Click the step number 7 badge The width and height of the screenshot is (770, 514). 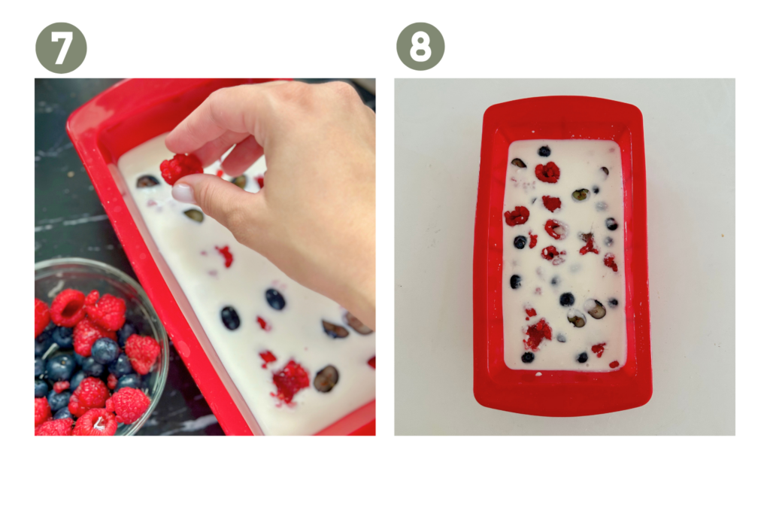click(61, 47)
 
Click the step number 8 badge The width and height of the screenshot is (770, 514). click(420, 46)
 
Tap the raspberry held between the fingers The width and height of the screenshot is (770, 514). click(180, 169)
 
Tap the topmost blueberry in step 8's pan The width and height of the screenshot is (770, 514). click(544, 151)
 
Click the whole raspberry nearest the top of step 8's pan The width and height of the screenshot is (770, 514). click(547, 172)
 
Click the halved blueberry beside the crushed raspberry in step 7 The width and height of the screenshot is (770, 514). click(326, 379)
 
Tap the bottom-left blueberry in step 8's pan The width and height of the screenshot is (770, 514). click(528, 357)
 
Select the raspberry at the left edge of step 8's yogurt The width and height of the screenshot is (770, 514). click(517, 216)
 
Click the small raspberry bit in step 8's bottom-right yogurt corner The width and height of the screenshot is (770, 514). click(614, 364)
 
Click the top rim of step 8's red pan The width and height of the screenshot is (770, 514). click(562, 105)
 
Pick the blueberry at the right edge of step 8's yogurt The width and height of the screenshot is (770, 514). click(611, 224)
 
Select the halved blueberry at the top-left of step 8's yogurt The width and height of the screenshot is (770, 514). click(519, 163)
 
